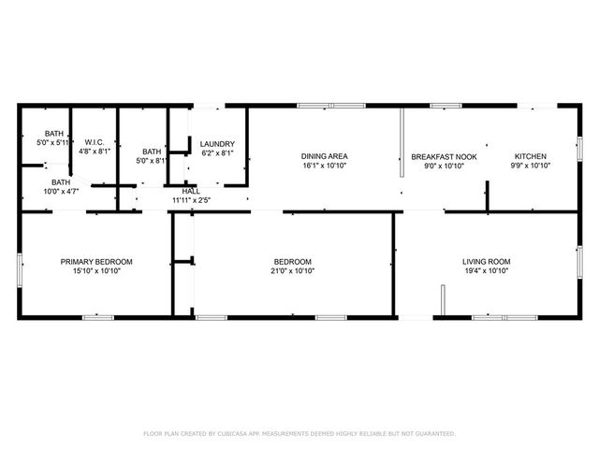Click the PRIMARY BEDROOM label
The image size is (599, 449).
[96, 261]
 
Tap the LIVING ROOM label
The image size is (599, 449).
[486, 261]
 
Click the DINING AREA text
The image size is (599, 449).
[325, 156]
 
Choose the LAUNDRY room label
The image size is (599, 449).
[217, 144]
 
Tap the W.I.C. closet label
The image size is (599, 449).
[93, 141]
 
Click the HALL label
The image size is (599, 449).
[191, 191]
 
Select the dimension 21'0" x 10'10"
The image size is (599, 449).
[293, 271]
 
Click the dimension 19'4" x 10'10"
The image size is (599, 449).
[486, 271]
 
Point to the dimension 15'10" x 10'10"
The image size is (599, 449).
[96, 271]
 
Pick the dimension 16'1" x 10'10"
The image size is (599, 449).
[325, 167]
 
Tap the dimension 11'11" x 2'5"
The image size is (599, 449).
[191, 200]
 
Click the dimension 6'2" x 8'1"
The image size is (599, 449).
[217, 153]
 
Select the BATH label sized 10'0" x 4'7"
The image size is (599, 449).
[61, 181]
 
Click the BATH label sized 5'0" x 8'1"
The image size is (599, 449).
[152, 151]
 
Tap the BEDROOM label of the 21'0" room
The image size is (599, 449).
[293, 261]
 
